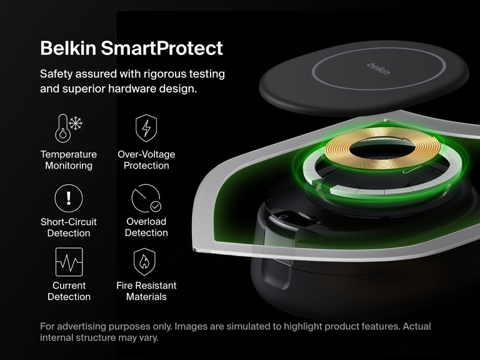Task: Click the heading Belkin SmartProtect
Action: click(x=131, y=48)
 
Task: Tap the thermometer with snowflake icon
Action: click(x=69, y=127)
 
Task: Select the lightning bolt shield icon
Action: click(x=146, y=128)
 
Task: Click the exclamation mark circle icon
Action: click(x=69, y=197)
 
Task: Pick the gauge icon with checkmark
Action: click(x=146, y=198)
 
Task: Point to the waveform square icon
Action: click(x=69, y=262)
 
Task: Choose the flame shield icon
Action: click(x=146, y=262)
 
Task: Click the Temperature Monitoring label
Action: click(x=69, y=160)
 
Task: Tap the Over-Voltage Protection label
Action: click(x=146, y=160)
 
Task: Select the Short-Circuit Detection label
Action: click(x=69, y=227)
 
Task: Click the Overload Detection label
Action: click(x=146, y=227)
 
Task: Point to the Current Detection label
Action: click(x=69, y=291)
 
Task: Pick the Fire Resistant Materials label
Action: click(x=146, y=291)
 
